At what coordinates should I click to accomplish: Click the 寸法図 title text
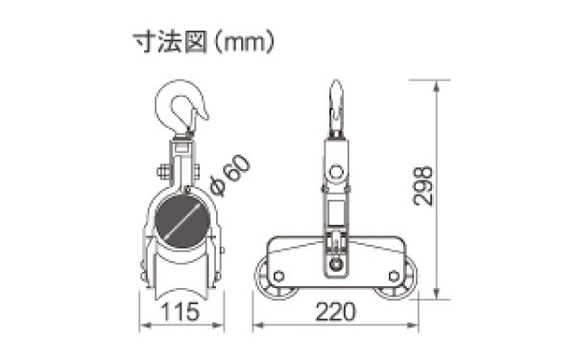172,41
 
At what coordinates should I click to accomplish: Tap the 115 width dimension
180,312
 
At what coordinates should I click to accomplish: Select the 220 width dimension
335,312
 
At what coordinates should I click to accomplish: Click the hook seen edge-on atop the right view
336,106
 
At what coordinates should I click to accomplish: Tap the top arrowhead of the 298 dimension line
438,84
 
